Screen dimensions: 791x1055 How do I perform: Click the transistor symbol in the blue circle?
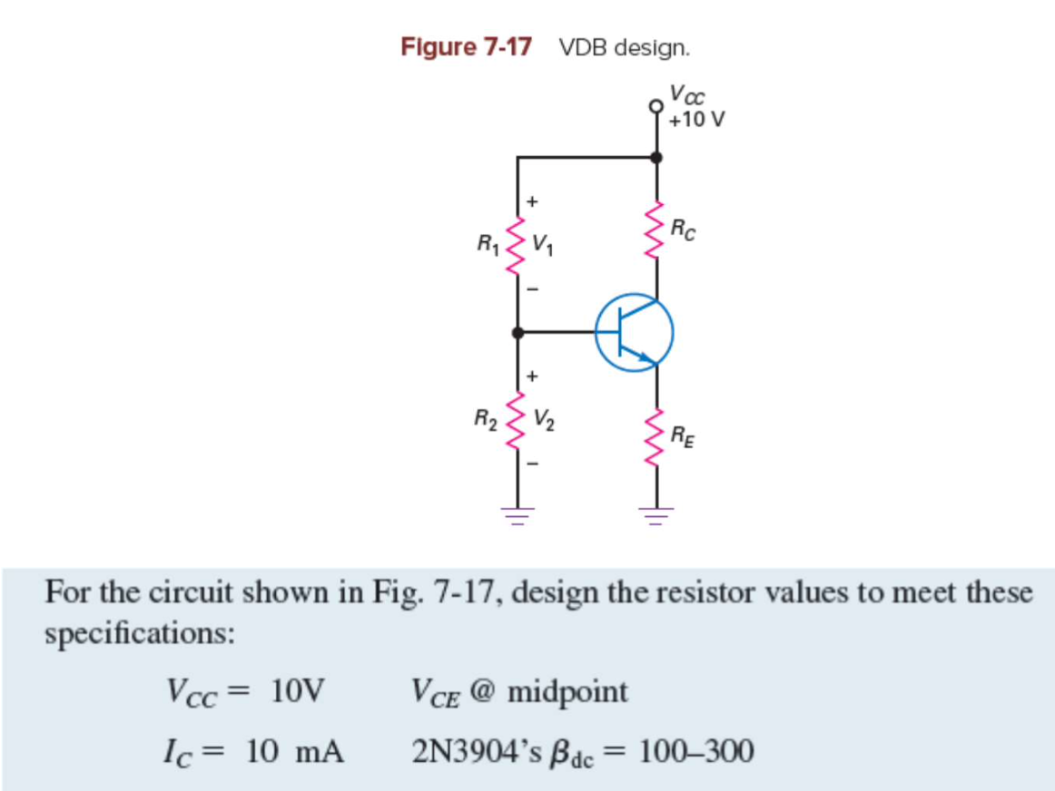coord(635,334)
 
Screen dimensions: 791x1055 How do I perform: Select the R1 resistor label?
coord(488,243)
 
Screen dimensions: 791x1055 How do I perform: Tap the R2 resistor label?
coord(487,418)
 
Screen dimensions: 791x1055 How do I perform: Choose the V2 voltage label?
coord(545,420)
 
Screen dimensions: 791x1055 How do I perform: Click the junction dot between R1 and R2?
coord(518,333)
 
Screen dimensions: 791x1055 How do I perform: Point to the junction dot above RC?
coord(656,158)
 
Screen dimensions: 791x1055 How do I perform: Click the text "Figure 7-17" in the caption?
coord(466,47)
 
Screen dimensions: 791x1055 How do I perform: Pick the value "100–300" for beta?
coord(695,752)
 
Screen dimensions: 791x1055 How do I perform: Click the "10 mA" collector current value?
coord(296,752)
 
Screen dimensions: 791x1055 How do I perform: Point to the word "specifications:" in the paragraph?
coord(140,632)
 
